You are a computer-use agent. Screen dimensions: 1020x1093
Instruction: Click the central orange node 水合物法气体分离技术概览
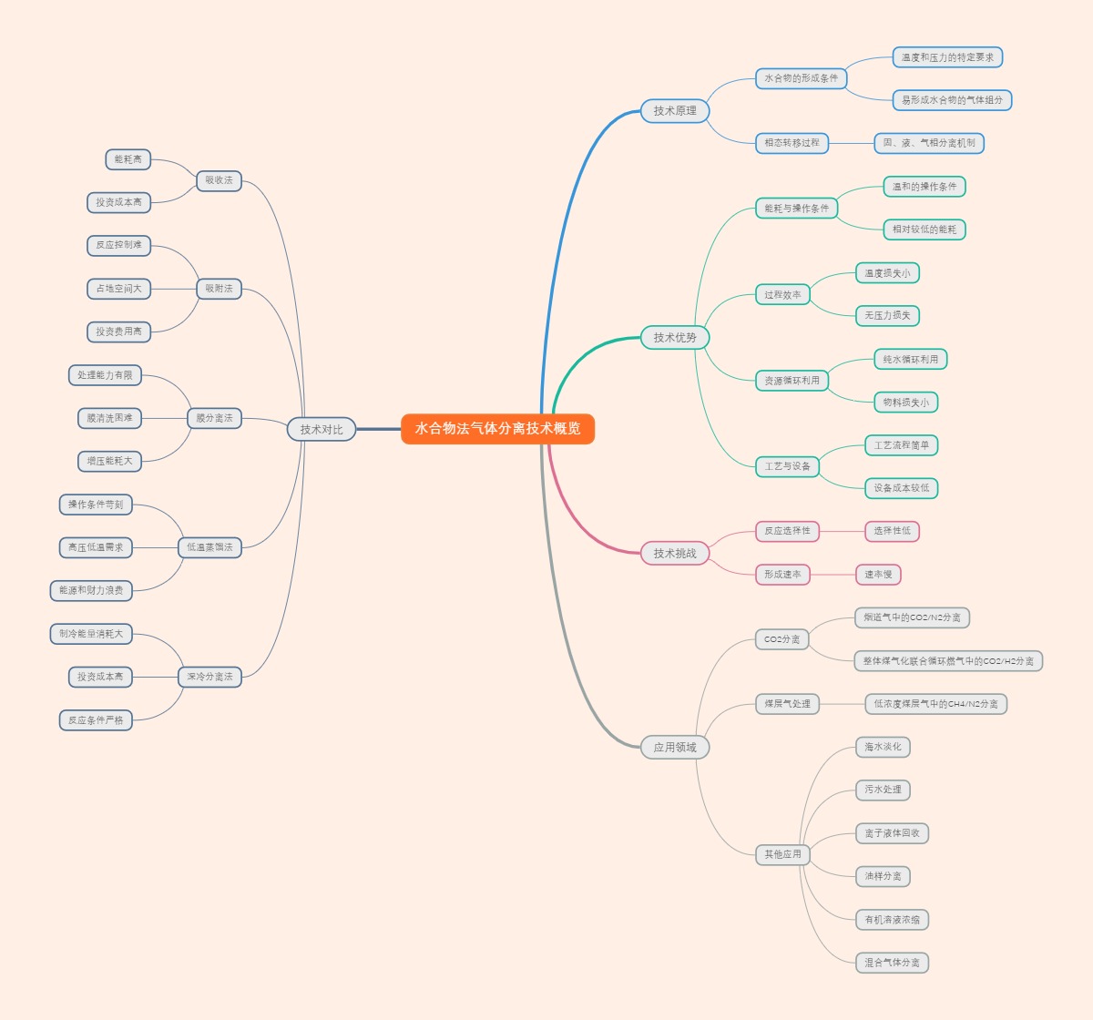point(497,429)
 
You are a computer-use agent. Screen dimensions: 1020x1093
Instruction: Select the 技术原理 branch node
point(674,111)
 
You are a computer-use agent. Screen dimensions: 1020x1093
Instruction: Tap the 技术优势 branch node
point(674,338)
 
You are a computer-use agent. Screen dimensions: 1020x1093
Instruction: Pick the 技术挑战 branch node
point(674,553)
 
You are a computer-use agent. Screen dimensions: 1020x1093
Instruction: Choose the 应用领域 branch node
point(674,748)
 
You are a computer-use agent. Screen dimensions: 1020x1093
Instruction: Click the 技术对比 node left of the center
point(322,430)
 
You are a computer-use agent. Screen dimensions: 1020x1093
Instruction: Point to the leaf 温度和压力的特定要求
point(947,57)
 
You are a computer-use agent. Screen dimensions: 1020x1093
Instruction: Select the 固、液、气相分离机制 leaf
point(929,143)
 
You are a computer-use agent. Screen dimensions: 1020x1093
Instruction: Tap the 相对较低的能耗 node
point(924,229)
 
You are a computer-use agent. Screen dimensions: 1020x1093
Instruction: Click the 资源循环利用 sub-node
point(792,381)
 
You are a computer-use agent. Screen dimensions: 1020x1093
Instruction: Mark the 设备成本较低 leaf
point(901,488)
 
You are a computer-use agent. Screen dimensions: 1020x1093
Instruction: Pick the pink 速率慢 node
point(878,575)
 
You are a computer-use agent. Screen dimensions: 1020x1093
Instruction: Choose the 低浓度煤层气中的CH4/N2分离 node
point(935,704)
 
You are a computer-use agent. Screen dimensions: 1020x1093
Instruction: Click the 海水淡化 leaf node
point(883,748)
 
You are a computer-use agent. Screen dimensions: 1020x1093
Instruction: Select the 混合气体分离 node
point(892,963)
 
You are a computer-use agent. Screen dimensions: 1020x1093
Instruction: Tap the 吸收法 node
point(219,180)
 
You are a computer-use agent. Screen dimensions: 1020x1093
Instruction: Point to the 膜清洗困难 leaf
point(109,418)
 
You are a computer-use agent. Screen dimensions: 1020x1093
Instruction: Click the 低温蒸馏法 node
point(209,547)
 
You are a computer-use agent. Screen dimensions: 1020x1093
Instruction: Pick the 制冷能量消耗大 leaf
point(91,634)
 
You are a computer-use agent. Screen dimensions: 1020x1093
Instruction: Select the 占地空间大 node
point(118,289)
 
